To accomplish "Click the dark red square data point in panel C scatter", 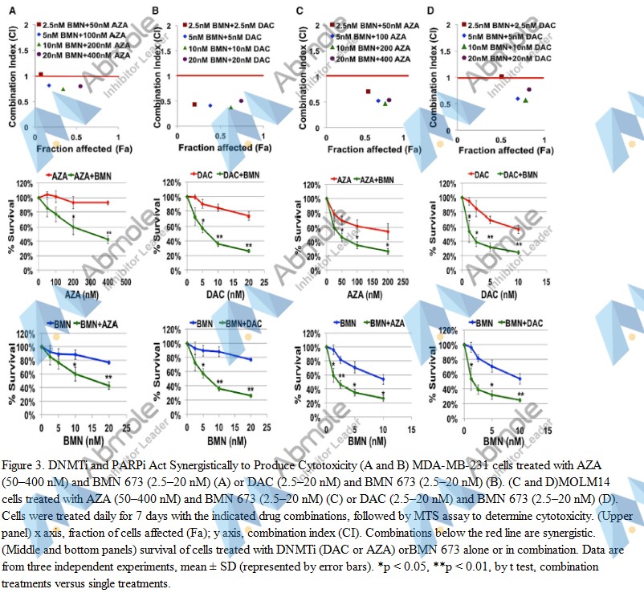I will pos(369,92).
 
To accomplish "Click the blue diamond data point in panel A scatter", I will pos(49,85).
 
